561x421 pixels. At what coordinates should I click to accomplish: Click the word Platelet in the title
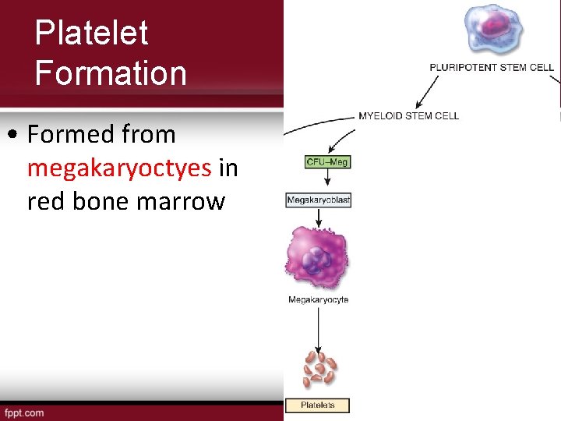point(91,34)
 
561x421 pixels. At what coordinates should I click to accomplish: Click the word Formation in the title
point(111,74)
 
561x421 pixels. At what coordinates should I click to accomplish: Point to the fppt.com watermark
point(24,412)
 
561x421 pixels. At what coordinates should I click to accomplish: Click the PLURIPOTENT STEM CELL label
point(492,67)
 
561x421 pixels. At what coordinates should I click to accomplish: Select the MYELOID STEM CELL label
point(408,116)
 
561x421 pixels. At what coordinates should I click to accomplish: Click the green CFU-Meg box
point(327,162)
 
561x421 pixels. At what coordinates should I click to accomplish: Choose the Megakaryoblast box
point(319,200)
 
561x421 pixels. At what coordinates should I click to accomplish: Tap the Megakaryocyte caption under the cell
point(318,300)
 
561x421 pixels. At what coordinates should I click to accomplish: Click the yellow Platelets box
point(318,405)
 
